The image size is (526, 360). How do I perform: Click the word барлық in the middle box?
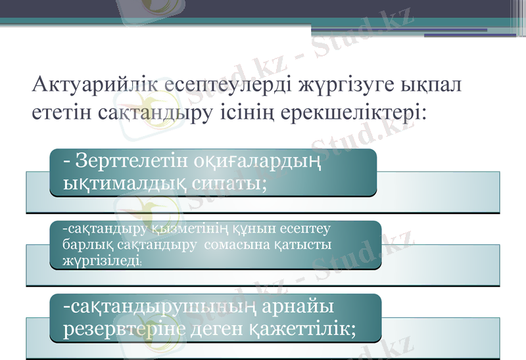tap(80, 244)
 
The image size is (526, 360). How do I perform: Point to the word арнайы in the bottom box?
tap(299, 307)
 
